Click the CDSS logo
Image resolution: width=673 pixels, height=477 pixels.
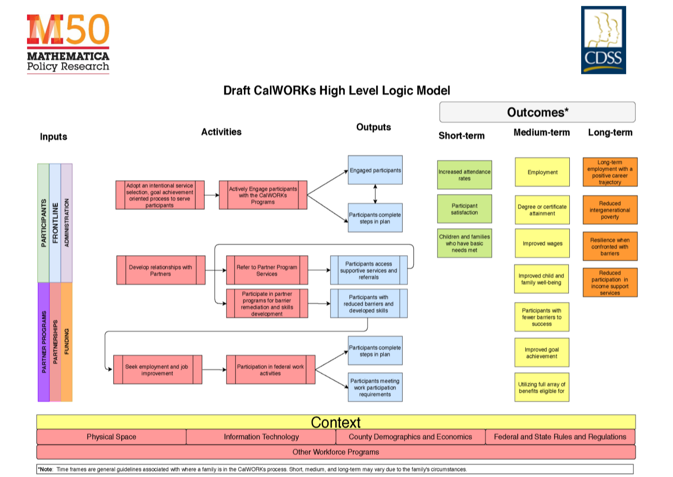click(x=603, y=40)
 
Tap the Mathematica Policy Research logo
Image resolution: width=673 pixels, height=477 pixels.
click(x=68, y=44)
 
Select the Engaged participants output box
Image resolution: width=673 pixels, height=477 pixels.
click(x=375, y=170)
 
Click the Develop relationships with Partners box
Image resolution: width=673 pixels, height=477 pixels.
click(x=161, y=270)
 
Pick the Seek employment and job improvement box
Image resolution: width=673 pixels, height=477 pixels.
click(x=157, y=370)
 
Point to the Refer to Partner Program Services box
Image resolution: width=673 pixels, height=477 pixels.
click(x=267, y=270)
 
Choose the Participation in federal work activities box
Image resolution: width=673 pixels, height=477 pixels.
click(x=270, y=370)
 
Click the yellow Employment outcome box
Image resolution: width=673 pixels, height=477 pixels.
click(x=542, y=172)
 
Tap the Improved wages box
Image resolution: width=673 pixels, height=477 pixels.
click(x=542, y=244)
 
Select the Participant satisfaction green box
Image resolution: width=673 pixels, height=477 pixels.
click(x=464, y=209)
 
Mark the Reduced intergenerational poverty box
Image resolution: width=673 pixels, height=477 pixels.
click(x=610, y=210)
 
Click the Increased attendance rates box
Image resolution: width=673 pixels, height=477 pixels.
click(x=464, y=175)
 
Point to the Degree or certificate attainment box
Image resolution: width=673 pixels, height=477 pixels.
click(x=542, y=210)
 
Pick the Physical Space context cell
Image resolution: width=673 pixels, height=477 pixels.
click(x=111, y=437)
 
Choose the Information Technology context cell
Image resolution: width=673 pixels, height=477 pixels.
click(x=261, y=437)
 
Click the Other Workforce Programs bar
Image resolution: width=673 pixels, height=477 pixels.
click(x=336, y=452)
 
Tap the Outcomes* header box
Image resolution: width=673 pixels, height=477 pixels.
click(x=537, y=112)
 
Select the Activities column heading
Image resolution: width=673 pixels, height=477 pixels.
click(x=221, y=132)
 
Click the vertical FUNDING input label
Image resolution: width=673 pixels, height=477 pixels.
click(x=67, y=342)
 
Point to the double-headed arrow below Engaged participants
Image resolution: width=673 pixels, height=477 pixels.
click(x=375, y=194)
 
